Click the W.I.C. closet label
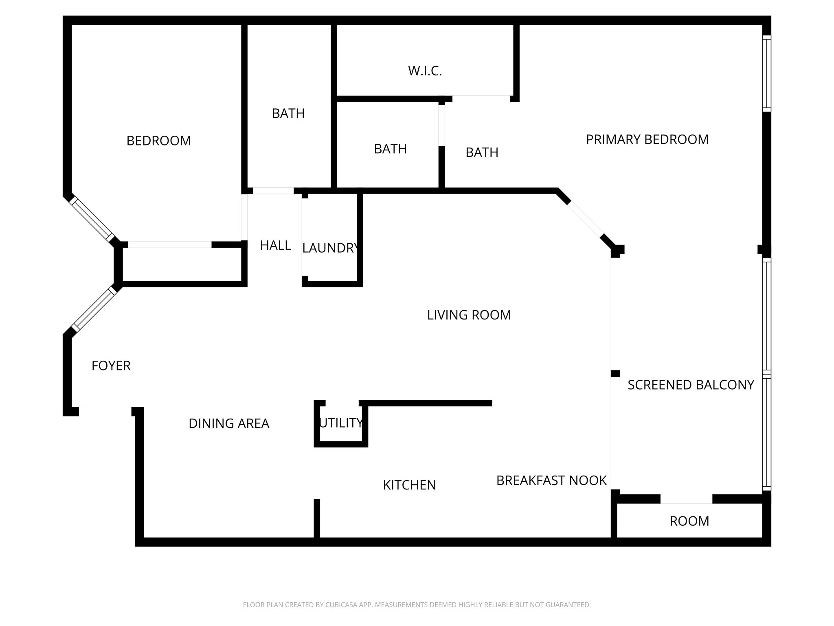pyautogui.click(x=425, y=71)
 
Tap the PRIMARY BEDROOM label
pyautogui.click(x=647, y=140)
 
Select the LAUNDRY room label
pyautogui.click(x=330, y=248)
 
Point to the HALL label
pyautogui.click(x=276, y=245)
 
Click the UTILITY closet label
pyautogui.click(x=341, y=423)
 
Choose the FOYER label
pyautogui.click(x=111, y=366)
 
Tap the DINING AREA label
pyautogui.click(x=229, y=424)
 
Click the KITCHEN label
pyautogui.click(x=409, y=485)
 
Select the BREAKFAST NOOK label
pyautogui.click(x=551, y=481)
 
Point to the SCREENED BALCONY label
pyautogui.click(x=691, y=385)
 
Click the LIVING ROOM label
pyautogui.click(x=469, y=315)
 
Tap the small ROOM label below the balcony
pyautogui.click(x=689, y=521)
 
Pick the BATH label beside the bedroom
pyautogui.click(x=288, y=113)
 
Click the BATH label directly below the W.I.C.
pyautogui.click(x=390, y=149)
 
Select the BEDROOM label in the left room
pyautogui.click(x=159, y=141)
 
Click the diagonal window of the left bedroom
pyautogui.click(x=92, y=219)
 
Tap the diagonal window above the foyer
pyautogui.click(x=93, y=308)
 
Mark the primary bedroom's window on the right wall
pyautogui.click(x=766, y=73)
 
